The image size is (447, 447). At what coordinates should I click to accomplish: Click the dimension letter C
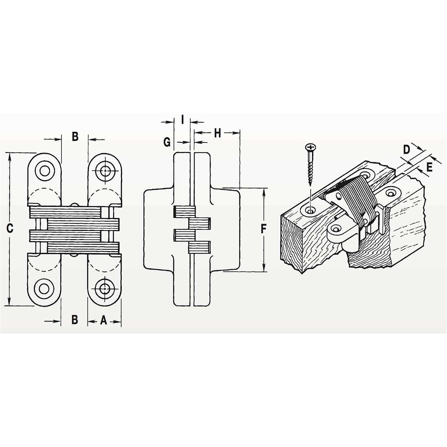[x=10, y=229]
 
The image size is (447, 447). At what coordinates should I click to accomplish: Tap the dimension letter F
[x=263, y=229]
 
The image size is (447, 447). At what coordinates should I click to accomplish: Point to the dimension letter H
[x=218, y=133]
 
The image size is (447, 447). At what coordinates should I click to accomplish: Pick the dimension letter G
[x=167, y=142]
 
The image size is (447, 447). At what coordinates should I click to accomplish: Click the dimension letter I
[x=182, y=120]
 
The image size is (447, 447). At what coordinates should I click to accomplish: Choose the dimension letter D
[x=406, y=149]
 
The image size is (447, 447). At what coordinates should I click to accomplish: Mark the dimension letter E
[x=429, y=167]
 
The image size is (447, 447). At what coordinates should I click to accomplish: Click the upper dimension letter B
[x=75, y=136]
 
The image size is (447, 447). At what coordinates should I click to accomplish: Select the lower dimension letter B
[x=75, y=319]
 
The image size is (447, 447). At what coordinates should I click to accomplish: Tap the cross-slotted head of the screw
[x=311, y=147]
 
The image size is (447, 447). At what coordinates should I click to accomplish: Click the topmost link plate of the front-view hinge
[x=66, y=212]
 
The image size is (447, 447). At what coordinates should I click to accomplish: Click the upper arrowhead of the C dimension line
[x=10, y=156]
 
